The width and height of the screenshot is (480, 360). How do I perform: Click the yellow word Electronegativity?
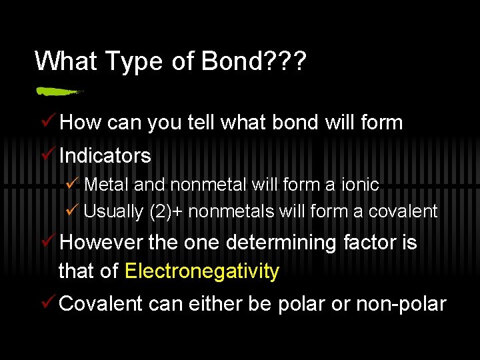pos(201,271)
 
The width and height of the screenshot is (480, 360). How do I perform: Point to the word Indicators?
pos(105,156)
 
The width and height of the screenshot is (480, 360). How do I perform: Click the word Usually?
pos(113,212)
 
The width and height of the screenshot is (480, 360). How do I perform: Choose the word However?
pos(101,243)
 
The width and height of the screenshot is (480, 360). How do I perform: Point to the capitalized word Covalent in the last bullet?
pos(101,304)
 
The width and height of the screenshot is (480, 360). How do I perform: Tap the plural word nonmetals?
pos(232,212)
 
